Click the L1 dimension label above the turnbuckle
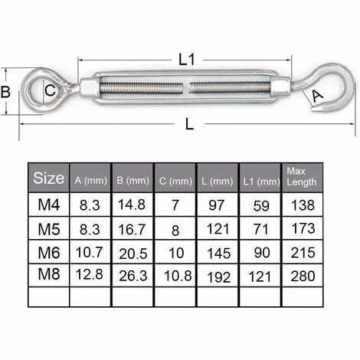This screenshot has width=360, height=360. click(x=187, y=60)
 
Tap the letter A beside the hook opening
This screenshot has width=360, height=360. click(x=318, y=97)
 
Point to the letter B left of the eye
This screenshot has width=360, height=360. click(x=5, y=92)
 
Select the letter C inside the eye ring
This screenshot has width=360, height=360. click(x=50, y=90)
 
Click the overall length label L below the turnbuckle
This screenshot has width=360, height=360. click(x=189, y=124)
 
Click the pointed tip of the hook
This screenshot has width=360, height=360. click(x=312, y=110)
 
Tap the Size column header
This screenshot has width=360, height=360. click(x=48, y=178)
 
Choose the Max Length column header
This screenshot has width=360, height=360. click(x=302, y=176)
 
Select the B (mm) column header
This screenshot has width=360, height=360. click(x=133, y=181)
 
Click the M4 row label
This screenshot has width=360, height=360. click(x=49, y=205)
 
